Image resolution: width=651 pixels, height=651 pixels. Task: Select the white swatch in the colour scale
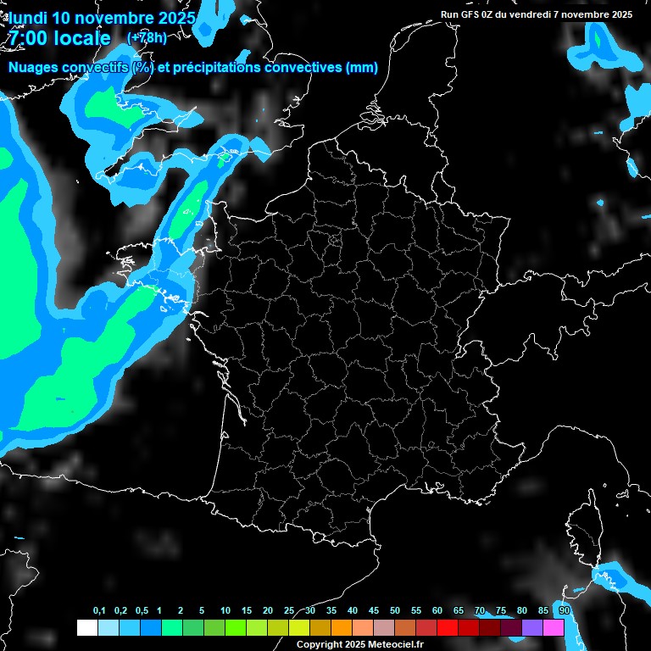[x=86, y=628]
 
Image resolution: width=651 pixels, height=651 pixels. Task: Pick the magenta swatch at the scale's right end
[x=554, y=628]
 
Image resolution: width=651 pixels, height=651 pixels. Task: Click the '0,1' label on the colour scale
[x=99, y=611]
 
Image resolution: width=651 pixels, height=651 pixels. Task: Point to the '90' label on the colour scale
[x=564, y=611]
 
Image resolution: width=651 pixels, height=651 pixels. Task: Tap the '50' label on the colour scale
[x=395, y=611]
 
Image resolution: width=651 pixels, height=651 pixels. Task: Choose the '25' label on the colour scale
[x=289, y=611]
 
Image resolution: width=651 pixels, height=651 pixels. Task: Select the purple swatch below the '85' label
[x=532, y=628]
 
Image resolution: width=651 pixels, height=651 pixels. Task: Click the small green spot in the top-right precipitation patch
[x=598, y=38]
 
